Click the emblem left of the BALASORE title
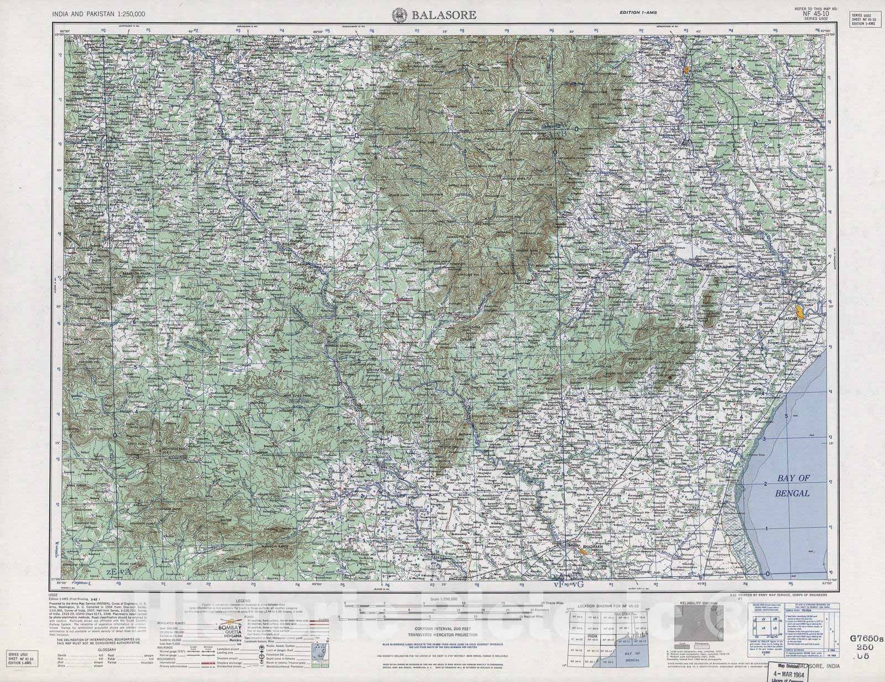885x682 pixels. (398, 15)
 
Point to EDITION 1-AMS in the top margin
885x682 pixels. (638, 13)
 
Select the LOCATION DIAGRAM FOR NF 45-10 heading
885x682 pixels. (608, 607)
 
